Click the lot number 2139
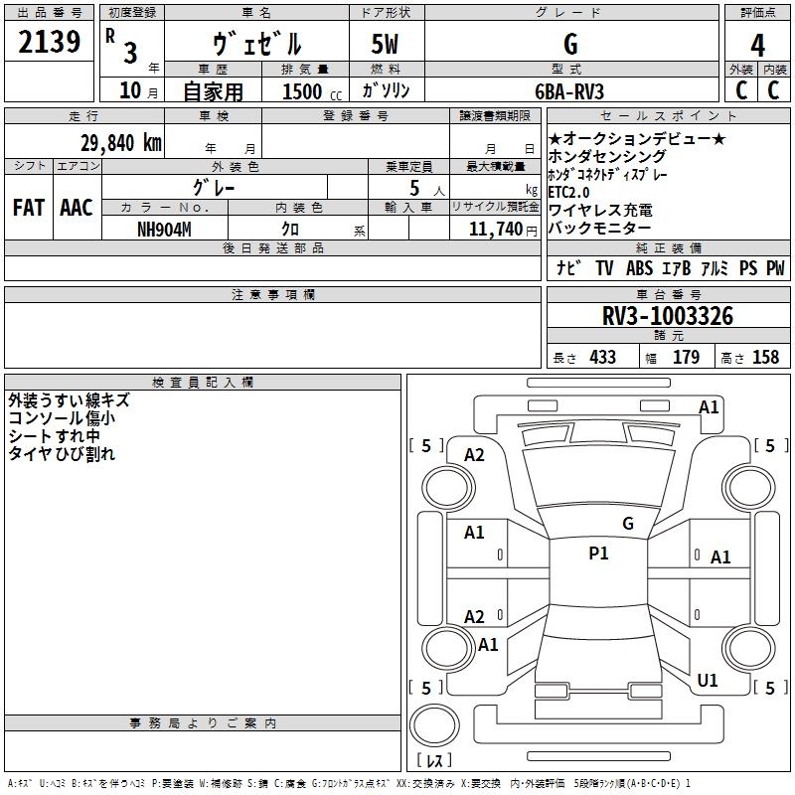[x=49, y=42]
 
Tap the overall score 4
[x=757, y=46]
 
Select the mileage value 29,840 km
[x=121, y=143]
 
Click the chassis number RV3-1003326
[x=668, y=316]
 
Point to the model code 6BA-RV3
[x=569, y=91]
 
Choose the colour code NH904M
[x=164, y=230]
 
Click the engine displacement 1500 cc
[x=312, y=91]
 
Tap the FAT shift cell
[x=29, y=208]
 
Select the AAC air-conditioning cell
[x=77, y=208]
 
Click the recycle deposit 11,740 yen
[x=503, y=230]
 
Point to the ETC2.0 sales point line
[x=568, y=192]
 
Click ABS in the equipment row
[x=639, y=268]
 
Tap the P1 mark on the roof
[x=598, y=554]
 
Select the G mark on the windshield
[x=628, y=524]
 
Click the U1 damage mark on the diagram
[x=708, y=680]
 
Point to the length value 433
[x=603, y=357]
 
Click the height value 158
[x=765, y=357]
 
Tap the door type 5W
[x=385, y=44]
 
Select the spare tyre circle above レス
[x=434, y=725]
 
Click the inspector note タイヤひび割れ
[x=62, y=454]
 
